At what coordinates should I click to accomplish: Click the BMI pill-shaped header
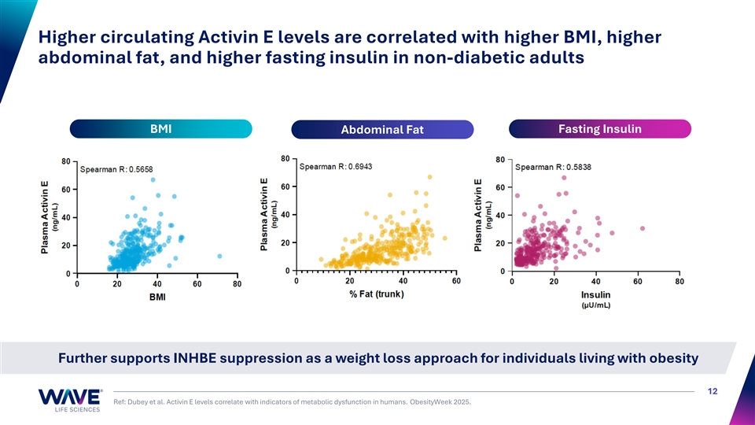click(x=160, y=129)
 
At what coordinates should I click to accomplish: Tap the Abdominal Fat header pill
click(x=382, y=131)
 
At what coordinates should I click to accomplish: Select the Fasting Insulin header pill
click(x=600, y=129)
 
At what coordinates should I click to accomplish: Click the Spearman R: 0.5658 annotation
click(x=118, y=169)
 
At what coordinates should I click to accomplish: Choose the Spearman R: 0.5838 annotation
click(x=554, y=166)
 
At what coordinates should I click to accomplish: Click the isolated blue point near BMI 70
click(x=219, y=256)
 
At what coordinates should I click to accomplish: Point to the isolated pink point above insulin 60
click(x=643, y=228)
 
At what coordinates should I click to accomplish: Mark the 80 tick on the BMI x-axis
click(x=237, y=284)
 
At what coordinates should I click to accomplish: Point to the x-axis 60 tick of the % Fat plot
click(x=456, y=281)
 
